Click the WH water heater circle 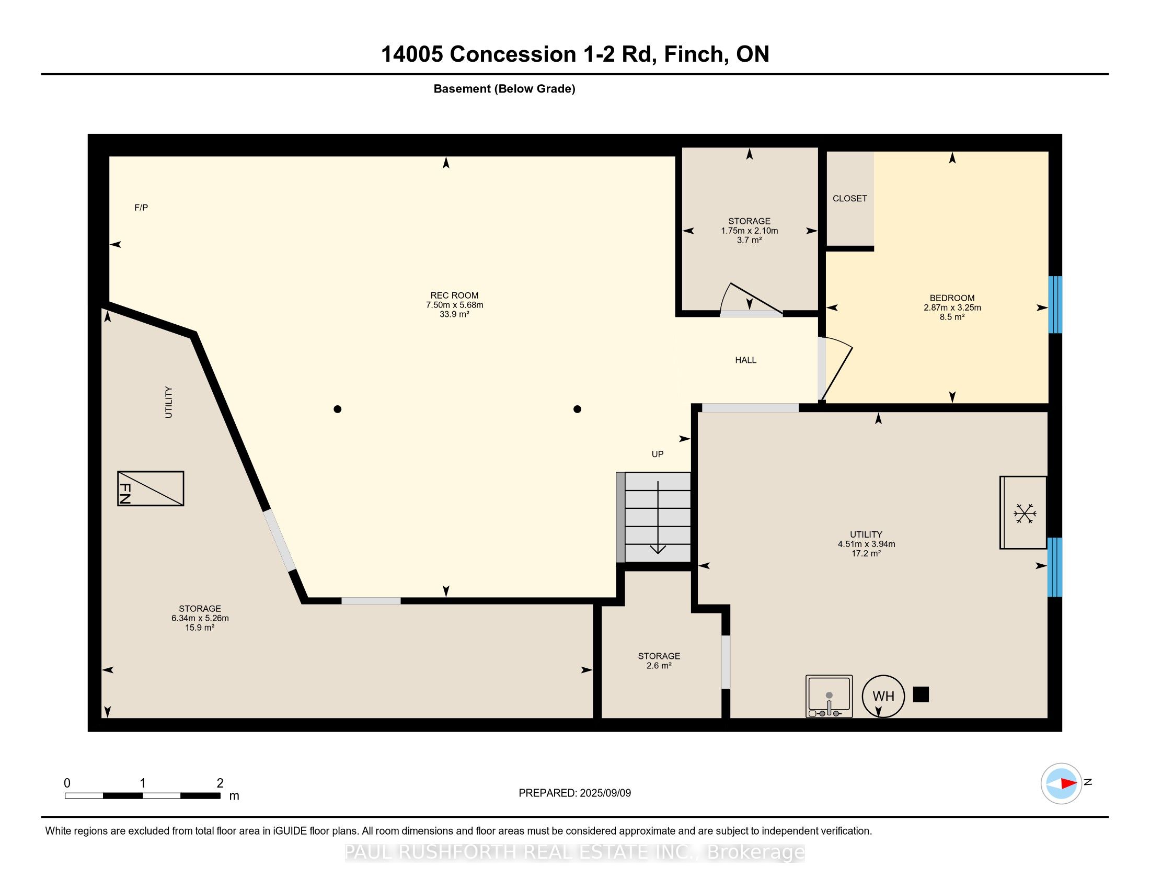click(883, 696)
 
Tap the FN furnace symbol click(151, 488)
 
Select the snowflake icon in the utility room click(1025, 513)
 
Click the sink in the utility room click(829, 696)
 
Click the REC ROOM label click(454, 295)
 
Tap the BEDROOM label click(952, 298)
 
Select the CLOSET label click(850, 199)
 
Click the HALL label click(745, 360)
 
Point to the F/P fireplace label click(141, 208)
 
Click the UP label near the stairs click(658, 454)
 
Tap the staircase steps click(653, 517)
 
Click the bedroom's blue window click(1055, 305)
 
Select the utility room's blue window click(1055, 567)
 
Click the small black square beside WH click(921, 694)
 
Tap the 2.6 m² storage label click(659, 666)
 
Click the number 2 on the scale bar click(220, 783)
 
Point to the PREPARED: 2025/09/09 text click(574, 793)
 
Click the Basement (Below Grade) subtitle click(504, 89)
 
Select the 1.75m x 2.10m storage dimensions click(749, 231)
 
